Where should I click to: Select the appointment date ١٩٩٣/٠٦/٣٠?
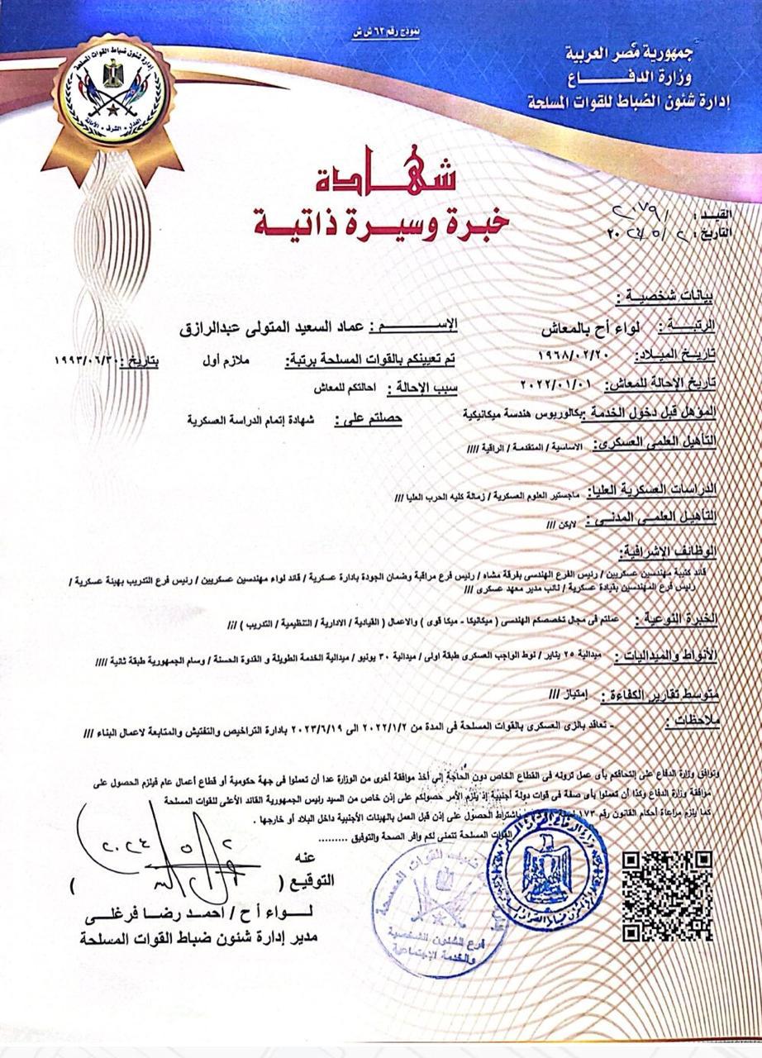coord(88,361)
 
